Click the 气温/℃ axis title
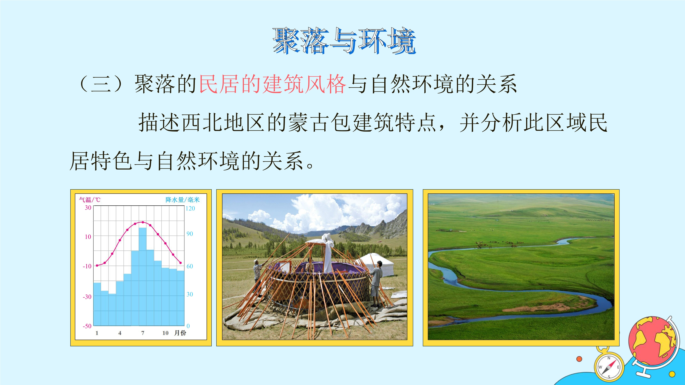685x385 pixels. click(x=90, y=199)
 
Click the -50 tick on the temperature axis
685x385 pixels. click(x=87, y=326)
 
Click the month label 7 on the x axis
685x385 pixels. click(x=143, y=333)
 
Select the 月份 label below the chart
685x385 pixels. click(x=180, y=333)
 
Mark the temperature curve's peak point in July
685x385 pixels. click(x=143, y=222)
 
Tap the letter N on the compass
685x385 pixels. click(x=609, y=358)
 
